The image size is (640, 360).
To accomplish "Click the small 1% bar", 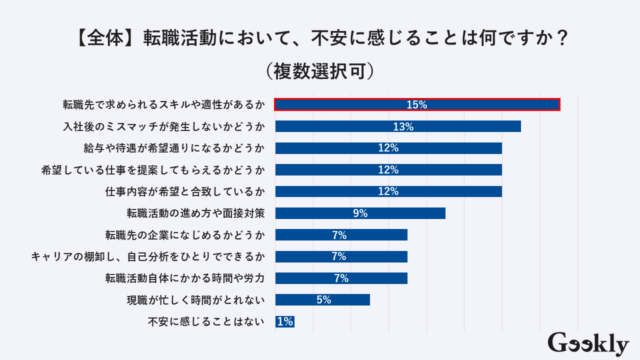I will [x=284, y=321].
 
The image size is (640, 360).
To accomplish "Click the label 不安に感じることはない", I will [x=205, y=322].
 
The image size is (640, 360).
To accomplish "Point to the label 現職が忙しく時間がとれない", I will [x=195, y=300].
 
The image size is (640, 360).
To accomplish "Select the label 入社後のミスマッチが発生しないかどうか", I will [x=163, y=127].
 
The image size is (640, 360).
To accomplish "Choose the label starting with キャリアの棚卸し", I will [x=147, y=257].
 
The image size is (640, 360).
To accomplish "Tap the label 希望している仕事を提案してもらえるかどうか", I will [x=152, y=170].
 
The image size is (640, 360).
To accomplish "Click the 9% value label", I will [x=360, y=213].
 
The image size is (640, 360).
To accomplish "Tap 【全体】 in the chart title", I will [x=105, y=38].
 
